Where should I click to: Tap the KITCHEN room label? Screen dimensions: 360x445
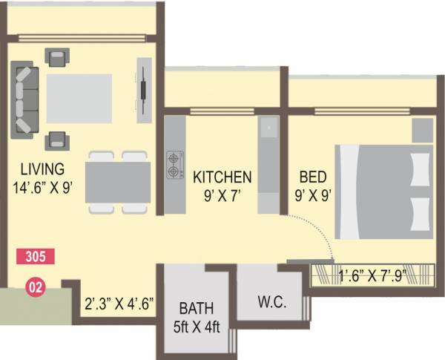pyautogui.click(x=222, y=177)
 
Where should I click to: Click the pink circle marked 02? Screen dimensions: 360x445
pyautogui.click(x=34, y=285)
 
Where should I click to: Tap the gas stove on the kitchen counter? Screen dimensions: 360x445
pyautogui.click(x=175, y=166)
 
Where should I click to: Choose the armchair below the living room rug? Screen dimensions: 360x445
pyautogui.click(x=57, y=139)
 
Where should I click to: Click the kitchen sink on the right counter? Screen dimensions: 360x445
pyautogui.click(x=267, y=132)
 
